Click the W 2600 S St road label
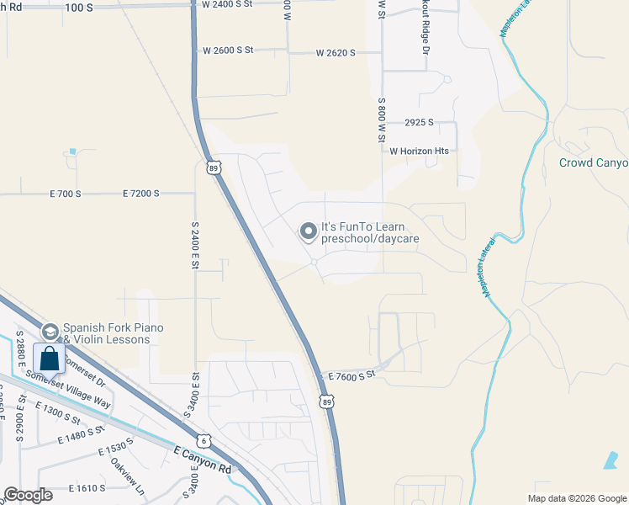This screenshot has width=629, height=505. coord(228,50)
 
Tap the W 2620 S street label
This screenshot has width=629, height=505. coord(336,52)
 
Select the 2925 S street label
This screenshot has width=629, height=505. coord(418,122)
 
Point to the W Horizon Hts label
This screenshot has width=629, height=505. coord(420,151)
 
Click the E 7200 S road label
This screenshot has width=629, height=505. coord(140,194)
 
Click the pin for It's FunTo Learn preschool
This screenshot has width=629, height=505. coord(309,231)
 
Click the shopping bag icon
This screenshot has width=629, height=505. coord(49,359)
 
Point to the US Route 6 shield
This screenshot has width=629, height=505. coord(203,440)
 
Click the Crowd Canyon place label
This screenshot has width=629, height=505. coord(594,162)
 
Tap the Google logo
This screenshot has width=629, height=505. coord(27,495)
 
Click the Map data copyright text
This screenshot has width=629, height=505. coord(576,498)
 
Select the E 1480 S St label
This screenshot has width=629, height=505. coord(81,434)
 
